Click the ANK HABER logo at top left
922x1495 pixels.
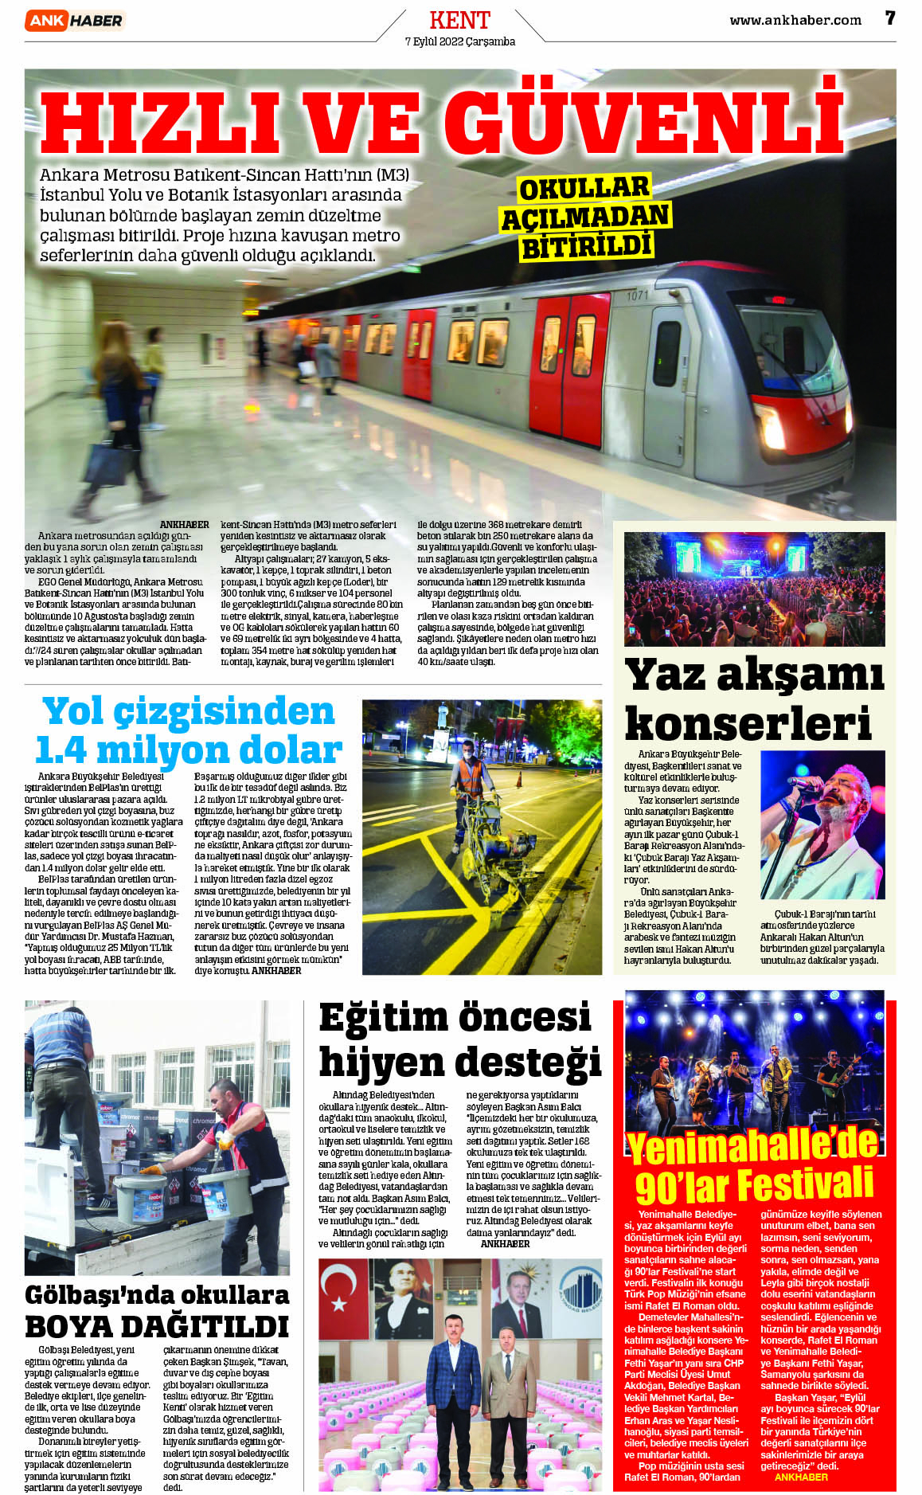[x=75, y=21]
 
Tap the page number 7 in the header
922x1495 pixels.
[x=890, y=18]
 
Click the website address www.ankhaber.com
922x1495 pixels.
[x=795, y=21]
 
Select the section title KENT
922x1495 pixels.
[x=459, y=20]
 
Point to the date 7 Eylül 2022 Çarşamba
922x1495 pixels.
[x=459, y=41]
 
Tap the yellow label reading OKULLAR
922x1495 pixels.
[x=584, y=189]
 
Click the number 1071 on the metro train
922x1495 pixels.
[x=637, y=295]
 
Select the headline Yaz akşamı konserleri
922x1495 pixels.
[x=753, y=699]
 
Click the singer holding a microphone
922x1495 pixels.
[x=828, y=820]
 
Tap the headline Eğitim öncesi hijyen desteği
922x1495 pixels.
[x=459, y=1040]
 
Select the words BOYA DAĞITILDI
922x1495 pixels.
[x=156, y=1327]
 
